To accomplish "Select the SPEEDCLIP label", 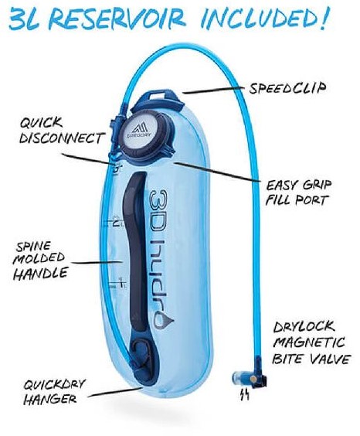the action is pos(287,88).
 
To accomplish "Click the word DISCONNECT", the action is pos(63,138).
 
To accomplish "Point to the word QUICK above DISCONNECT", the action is pos(40,123).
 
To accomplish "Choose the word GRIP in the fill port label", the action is pos(318,184).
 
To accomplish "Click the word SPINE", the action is pos(34,247).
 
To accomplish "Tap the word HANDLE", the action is pos(40,273).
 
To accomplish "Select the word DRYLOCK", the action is pos(304,327).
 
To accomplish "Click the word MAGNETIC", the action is pos(309,342).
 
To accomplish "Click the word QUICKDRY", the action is pos(54,385).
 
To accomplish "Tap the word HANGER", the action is pos(50,400).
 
